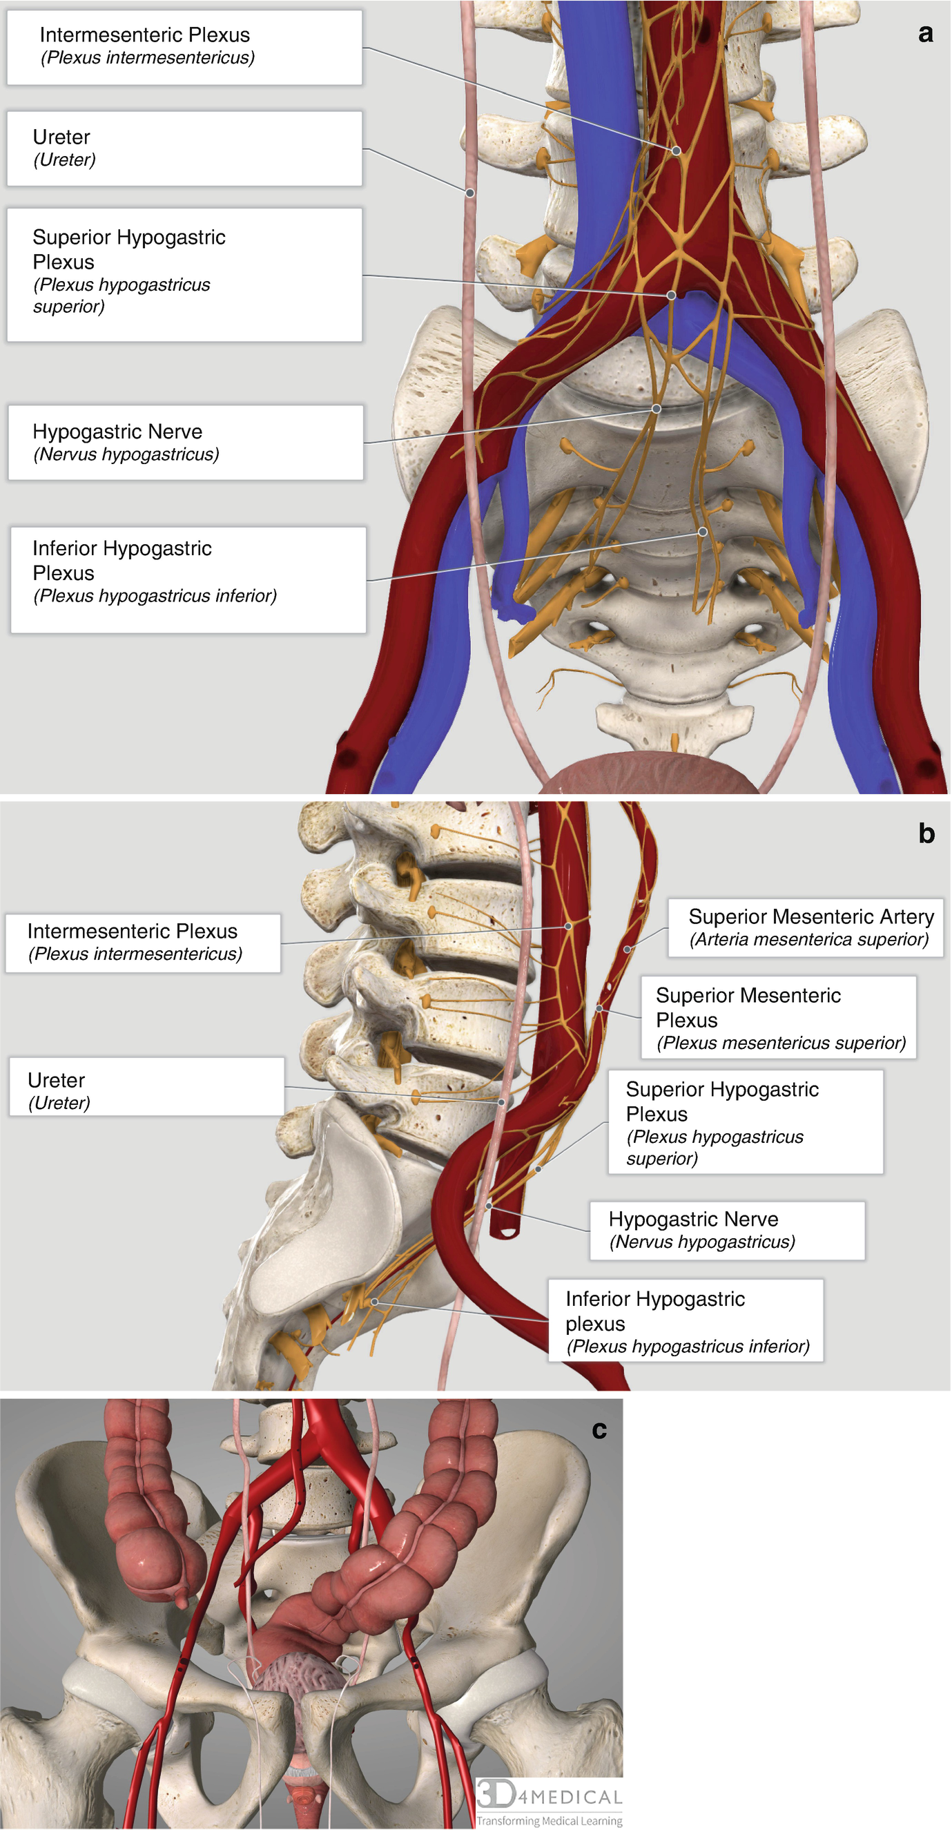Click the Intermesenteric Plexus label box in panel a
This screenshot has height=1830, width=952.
pyautogui.click(x=184, y=47)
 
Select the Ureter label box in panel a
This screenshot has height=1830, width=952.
pyautogui.click(x=184, y=148)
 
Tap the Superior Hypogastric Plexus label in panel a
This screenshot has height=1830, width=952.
pyautogui.click(x=184, y=274)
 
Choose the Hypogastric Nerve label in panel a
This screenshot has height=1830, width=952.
pyautogui.click(x=186, y=443)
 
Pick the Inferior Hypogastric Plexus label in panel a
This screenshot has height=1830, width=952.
pyautogui.click(x=188, y=579)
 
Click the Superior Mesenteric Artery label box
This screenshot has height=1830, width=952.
pyautogui.click(x=805, y=928)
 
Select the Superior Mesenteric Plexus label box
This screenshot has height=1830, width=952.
pyautogui.click(x=779, y=1018)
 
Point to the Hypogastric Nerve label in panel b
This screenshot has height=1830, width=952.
pyautogui.click(x=727, y=1231)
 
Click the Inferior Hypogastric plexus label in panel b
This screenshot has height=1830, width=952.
pyautogui.click(x=686, y=1320)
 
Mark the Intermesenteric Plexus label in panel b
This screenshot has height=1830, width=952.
pyautogui.click(x=143, y=943)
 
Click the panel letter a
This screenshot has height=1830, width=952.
pyautogui.click(x=925, y=32)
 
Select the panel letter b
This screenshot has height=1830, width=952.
pyautogui.click(x=926, y=833)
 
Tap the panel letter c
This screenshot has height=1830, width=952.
pyautogui.click(x=599, y=1429)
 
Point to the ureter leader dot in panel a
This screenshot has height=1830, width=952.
pyautogui.click(x=469, y=193)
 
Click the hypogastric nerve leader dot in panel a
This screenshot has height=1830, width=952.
pyautogui.click(x=657, y=409)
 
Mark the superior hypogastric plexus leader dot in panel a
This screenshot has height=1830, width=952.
pyautogui.click(x=670, y=295)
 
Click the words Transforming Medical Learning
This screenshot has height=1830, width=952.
pyautogui.click(x=549, y=1820)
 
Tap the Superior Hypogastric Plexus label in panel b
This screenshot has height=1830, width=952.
pyautogui.click(x=746, y=1122)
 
